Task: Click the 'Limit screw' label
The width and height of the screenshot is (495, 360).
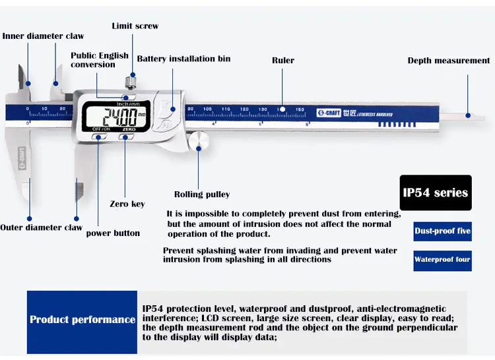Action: tap(135, 26)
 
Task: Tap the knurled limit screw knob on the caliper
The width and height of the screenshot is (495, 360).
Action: tap(131, 82)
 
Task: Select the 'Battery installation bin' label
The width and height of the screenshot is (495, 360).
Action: tap(183, 59)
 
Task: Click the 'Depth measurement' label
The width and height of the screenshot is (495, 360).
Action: tap(449, 61)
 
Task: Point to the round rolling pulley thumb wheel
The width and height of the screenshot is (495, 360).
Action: tap(198, 142)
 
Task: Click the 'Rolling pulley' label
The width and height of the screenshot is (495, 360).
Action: tap(202, 195)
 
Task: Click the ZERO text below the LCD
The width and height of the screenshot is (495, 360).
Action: tap(129, 130)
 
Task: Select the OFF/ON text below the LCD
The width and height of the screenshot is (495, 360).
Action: tap(101, 129)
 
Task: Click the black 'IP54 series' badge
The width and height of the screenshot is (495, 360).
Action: tap(436, 193)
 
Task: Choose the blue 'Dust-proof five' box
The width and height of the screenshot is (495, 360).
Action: tap(443, 231)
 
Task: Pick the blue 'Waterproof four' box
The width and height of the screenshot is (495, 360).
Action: tap(443, 260)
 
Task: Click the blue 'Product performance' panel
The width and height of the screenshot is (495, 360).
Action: tap(82, 322)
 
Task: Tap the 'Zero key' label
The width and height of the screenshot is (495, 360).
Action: tap(127, 204)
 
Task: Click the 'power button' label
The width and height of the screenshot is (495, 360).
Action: tap(113, 233)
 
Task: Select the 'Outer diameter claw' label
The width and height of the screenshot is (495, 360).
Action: tap(42, 227)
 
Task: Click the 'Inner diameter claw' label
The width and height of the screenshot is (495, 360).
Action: tap(44, 36)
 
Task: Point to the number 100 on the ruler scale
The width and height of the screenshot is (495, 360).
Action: tap(207, 109)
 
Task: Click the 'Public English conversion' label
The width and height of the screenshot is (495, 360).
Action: tap(100, 60)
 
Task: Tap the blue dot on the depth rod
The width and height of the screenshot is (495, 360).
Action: tap(468, 115)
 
